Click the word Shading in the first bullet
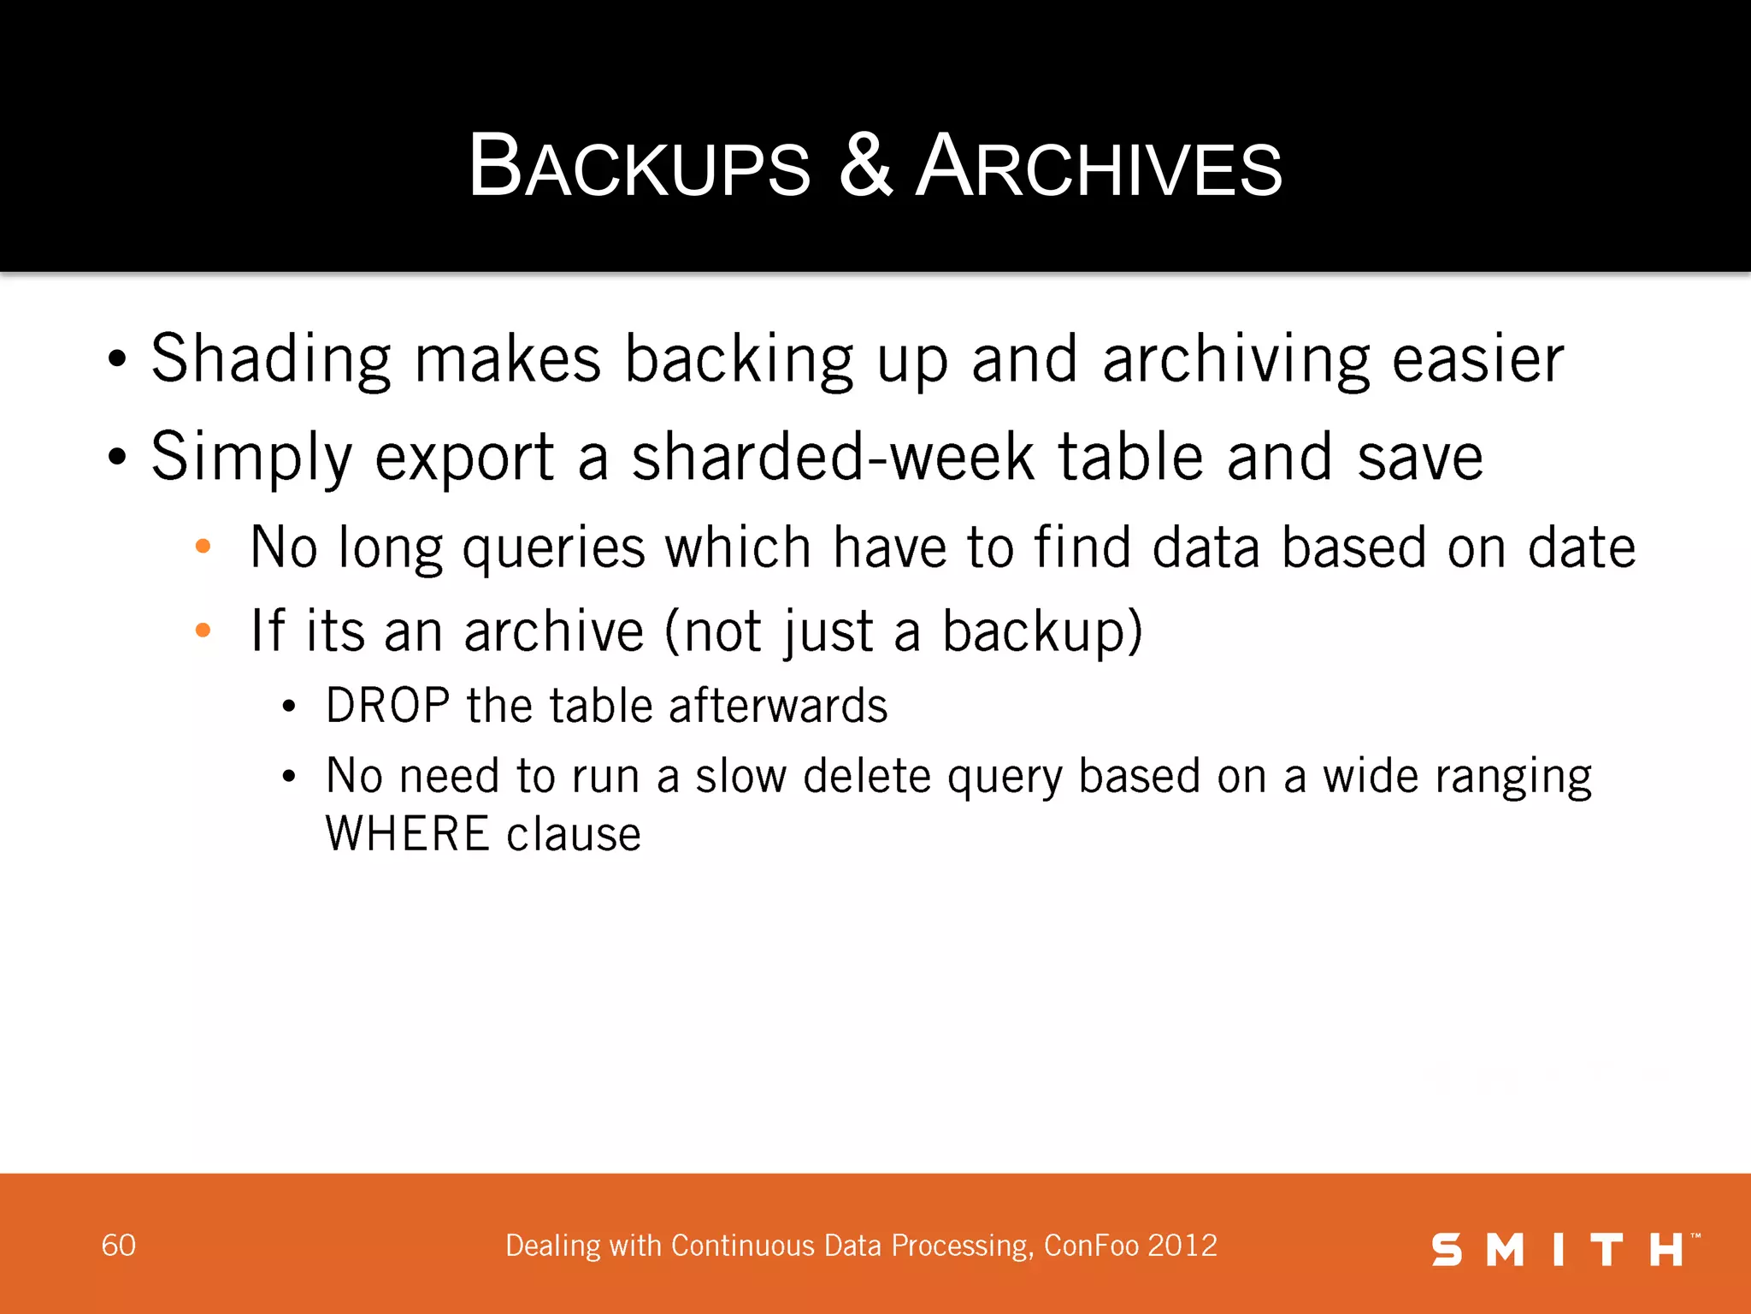pos(271,359)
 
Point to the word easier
pos(1478,359)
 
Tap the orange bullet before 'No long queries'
pos(203,547)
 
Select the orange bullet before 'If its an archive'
pos(203,631)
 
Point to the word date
pos(1582,547)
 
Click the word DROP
pos(387,706)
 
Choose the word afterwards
pos(778,706)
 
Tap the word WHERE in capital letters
pos(408,834)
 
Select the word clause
pos(574,834)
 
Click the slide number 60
pos(119,1246)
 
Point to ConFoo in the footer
pos(1092,1246)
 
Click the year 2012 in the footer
pos(1182,1246)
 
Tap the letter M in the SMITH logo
pos(1506,1250)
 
